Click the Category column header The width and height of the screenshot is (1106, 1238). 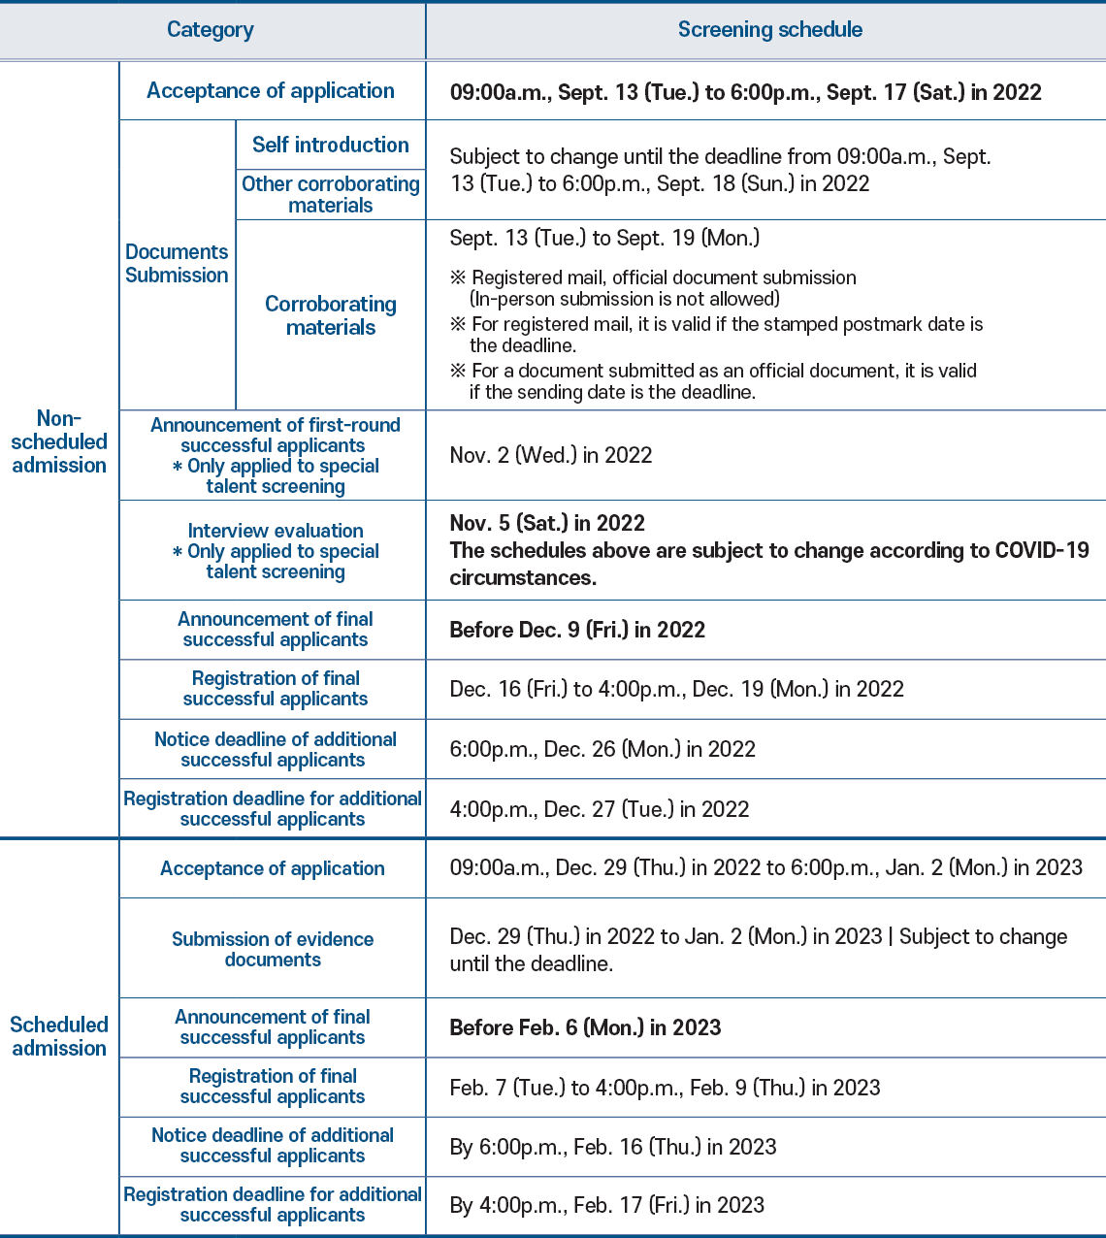[211, 30]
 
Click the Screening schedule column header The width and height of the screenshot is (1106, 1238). [769, 30]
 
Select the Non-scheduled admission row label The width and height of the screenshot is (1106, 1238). [59, 442]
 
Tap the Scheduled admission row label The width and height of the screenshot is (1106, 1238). [59, 1036]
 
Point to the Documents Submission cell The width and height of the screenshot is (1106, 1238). [177, 264]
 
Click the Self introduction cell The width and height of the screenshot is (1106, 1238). [330, 146]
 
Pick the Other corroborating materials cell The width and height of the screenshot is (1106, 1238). [330, 194]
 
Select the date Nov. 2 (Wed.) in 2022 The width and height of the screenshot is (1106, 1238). [551, 455]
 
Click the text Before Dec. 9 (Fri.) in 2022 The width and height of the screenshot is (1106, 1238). [577, 630]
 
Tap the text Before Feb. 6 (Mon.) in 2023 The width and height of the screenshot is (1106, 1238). [585, 1027]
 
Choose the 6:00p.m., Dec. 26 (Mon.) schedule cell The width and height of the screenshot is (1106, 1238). [602, 749]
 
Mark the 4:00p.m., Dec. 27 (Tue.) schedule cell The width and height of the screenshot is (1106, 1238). [600, 809]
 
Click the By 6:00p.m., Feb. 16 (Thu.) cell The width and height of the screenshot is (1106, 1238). [613, 1147]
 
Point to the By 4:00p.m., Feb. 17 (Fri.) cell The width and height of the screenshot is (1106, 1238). [607, 1205]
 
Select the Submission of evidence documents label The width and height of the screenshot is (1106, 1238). [273, 949]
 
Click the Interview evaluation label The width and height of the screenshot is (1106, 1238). [276, 531]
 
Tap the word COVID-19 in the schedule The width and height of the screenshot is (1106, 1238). [1042, 550]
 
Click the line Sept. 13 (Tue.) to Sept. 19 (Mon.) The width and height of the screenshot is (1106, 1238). [604, 238]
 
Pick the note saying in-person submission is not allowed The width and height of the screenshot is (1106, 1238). [624, 299]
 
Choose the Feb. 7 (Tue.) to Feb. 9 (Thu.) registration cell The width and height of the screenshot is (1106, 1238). [665, 1088]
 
